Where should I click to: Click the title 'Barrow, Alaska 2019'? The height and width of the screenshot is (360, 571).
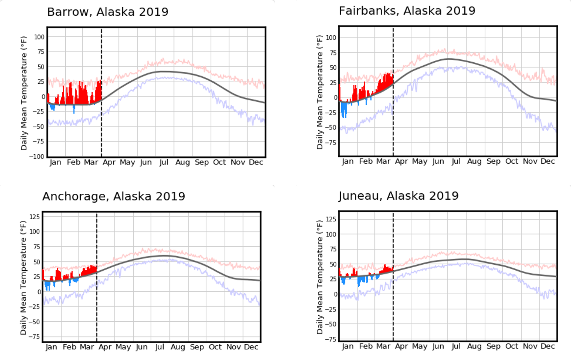[108, 12]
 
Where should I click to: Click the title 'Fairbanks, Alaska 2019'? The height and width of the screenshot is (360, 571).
[407, 11]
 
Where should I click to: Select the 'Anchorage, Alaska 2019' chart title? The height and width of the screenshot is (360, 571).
[114, 196]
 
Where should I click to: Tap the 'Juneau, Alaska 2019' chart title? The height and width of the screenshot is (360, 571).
[398, 196]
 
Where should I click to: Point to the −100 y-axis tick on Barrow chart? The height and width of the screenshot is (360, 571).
[36, 157]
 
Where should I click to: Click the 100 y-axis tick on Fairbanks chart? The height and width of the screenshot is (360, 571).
[331, 38]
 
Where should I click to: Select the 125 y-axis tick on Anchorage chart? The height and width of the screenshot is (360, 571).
[35, 217]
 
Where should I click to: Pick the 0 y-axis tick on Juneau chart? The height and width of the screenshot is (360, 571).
[336, 294]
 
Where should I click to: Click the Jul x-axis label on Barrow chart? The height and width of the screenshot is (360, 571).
[164, 163]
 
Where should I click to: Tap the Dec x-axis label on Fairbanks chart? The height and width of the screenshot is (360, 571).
[547, 161]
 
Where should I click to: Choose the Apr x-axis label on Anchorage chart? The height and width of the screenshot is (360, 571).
[105, 347]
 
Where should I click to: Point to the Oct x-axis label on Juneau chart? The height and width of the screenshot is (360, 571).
[512, 346]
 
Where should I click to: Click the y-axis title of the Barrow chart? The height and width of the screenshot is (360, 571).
[24, 93]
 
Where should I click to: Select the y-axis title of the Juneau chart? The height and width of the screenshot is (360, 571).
[319, 277]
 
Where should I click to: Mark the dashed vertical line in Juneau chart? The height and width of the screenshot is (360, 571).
[393, 312]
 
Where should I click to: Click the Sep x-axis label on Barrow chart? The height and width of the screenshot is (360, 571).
[202, 163]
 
